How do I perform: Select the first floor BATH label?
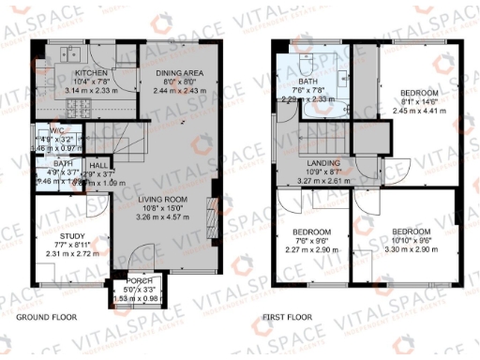click(x=308, y=82)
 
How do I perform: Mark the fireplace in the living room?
click(x=210, y=208)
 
